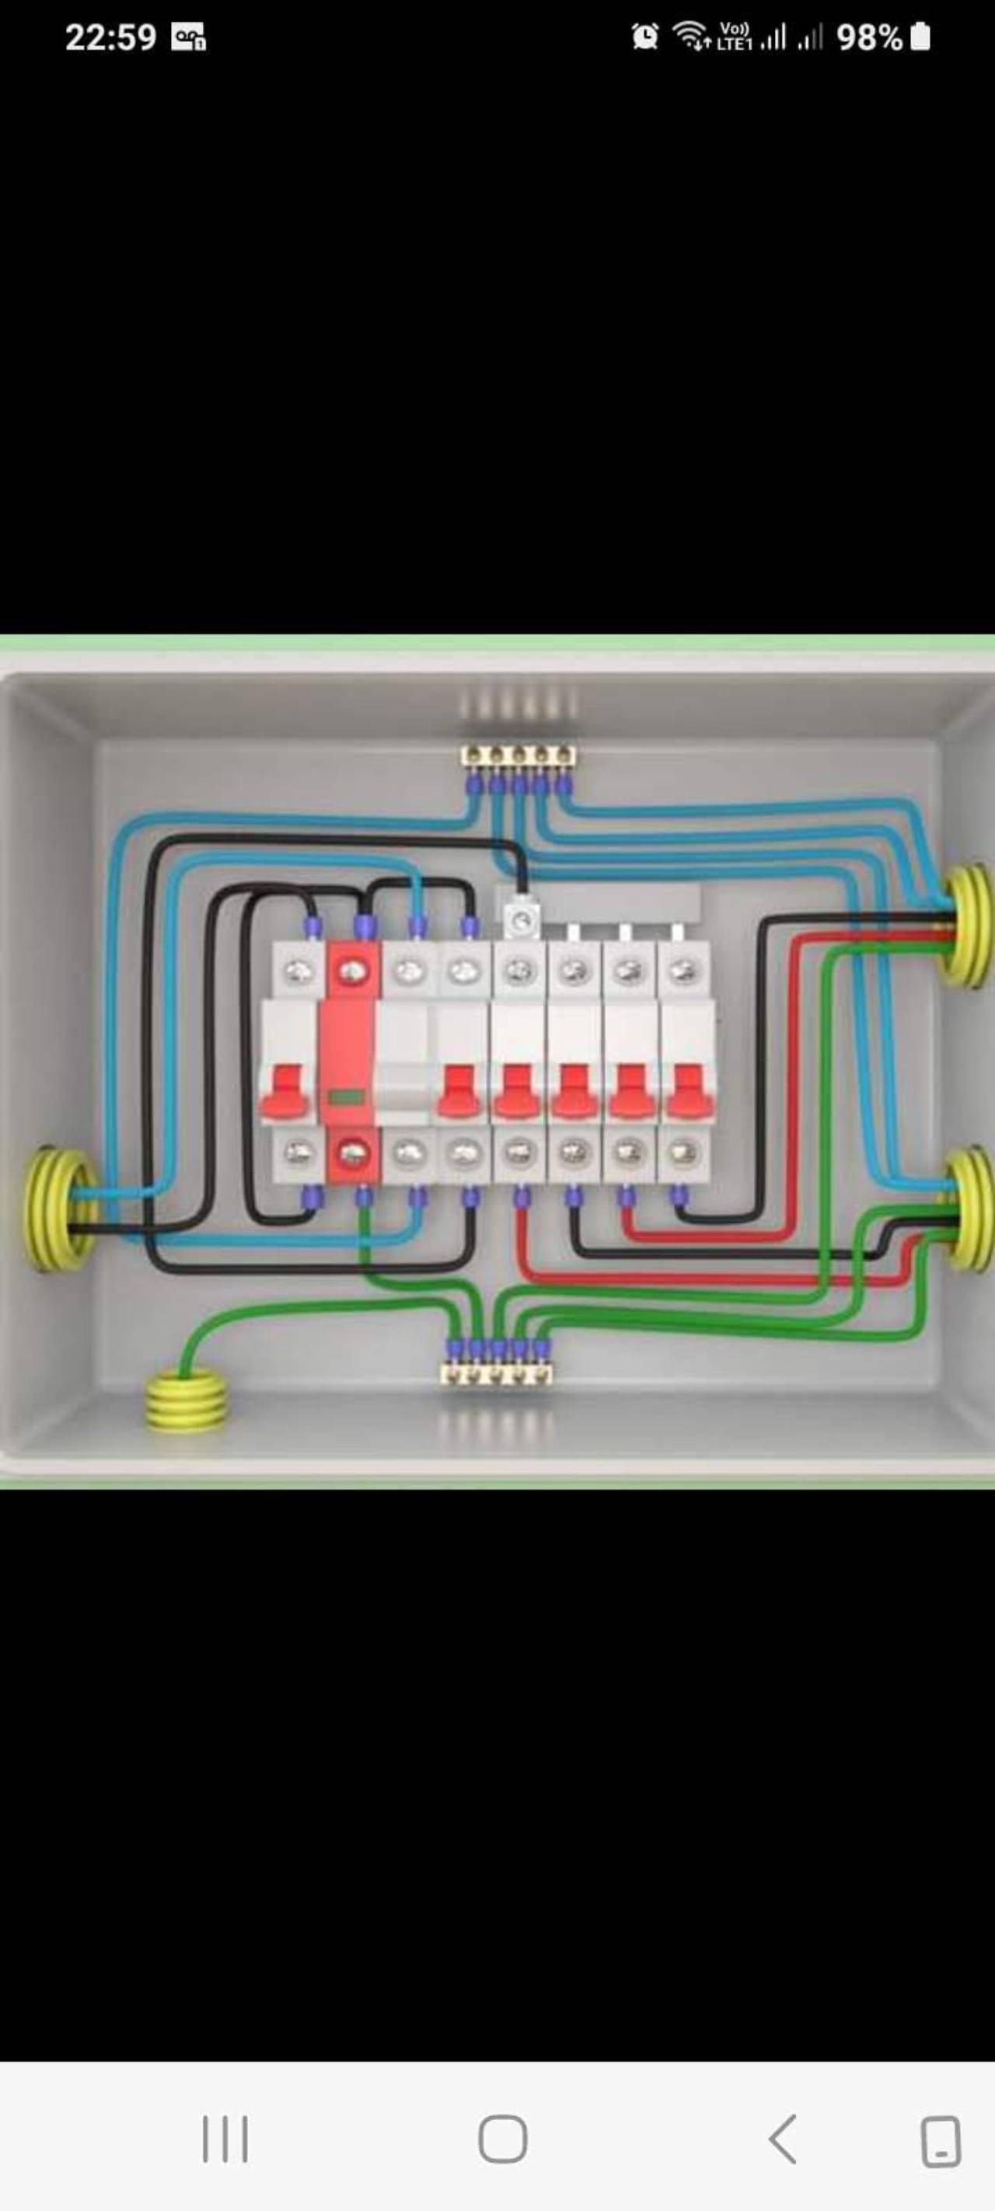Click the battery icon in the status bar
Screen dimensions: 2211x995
click(x=920, y=37)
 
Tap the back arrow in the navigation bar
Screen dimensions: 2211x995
click(x=783, y=2139)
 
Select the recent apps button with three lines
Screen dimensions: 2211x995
click(x=225, y=2139)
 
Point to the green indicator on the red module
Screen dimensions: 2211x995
click(x=344, y=1097)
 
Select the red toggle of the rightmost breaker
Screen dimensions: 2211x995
click(x=686, y=1092)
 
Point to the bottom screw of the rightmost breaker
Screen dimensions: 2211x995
click(x=682, y=1152)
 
